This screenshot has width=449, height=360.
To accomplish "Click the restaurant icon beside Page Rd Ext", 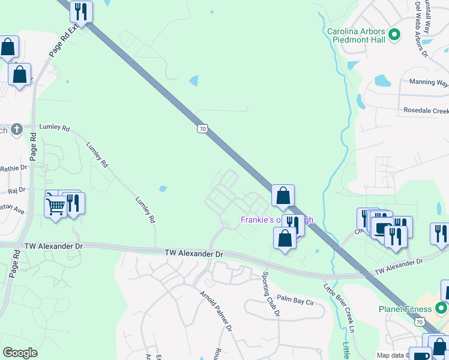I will (x=80, y=11).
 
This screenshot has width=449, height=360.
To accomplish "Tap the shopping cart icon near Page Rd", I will (x=55, y=206).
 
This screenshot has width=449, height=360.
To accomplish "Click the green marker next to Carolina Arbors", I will (x=394, y=35).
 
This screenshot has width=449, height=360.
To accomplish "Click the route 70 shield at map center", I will (x=203, y=128).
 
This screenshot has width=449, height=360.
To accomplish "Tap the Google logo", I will (x=20, y=352).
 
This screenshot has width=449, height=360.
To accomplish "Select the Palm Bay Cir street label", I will (x=296, y=299).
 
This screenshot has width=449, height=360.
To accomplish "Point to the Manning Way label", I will (x=429, y=82).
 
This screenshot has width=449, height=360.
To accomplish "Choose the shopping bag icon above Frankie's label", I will (x=283, y=196).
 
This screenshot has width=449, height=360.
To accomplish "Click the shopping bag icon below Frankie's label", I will (x=285, y=238).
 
